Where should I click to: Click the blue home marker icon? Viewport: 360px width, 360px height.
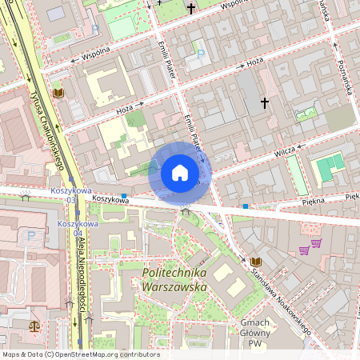point(179,173)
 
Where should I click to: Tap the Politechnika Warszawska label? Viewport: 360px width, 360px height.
point(174,279)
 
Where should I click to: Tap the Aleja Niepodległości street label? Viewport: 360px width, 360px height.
point(81,273)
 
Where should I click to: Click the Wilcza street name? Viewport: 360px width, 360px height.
point(284,150)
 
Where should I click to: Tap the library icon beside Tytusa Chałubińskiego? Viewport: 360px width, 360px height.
point(58,94)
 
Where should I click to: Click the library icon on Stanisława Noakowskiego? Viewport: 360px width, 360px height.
point(255,262)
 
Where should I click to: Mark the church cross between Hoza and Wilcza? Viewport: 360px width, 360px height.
point(265,102)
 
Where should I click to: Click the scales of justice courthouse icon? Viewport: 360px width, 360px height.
point(34,326)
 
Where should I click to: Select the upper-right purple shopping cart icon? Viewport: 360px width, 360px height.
point(316,242)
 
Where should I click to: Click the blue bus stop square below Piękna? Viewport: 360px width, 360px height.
point(246,206)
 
